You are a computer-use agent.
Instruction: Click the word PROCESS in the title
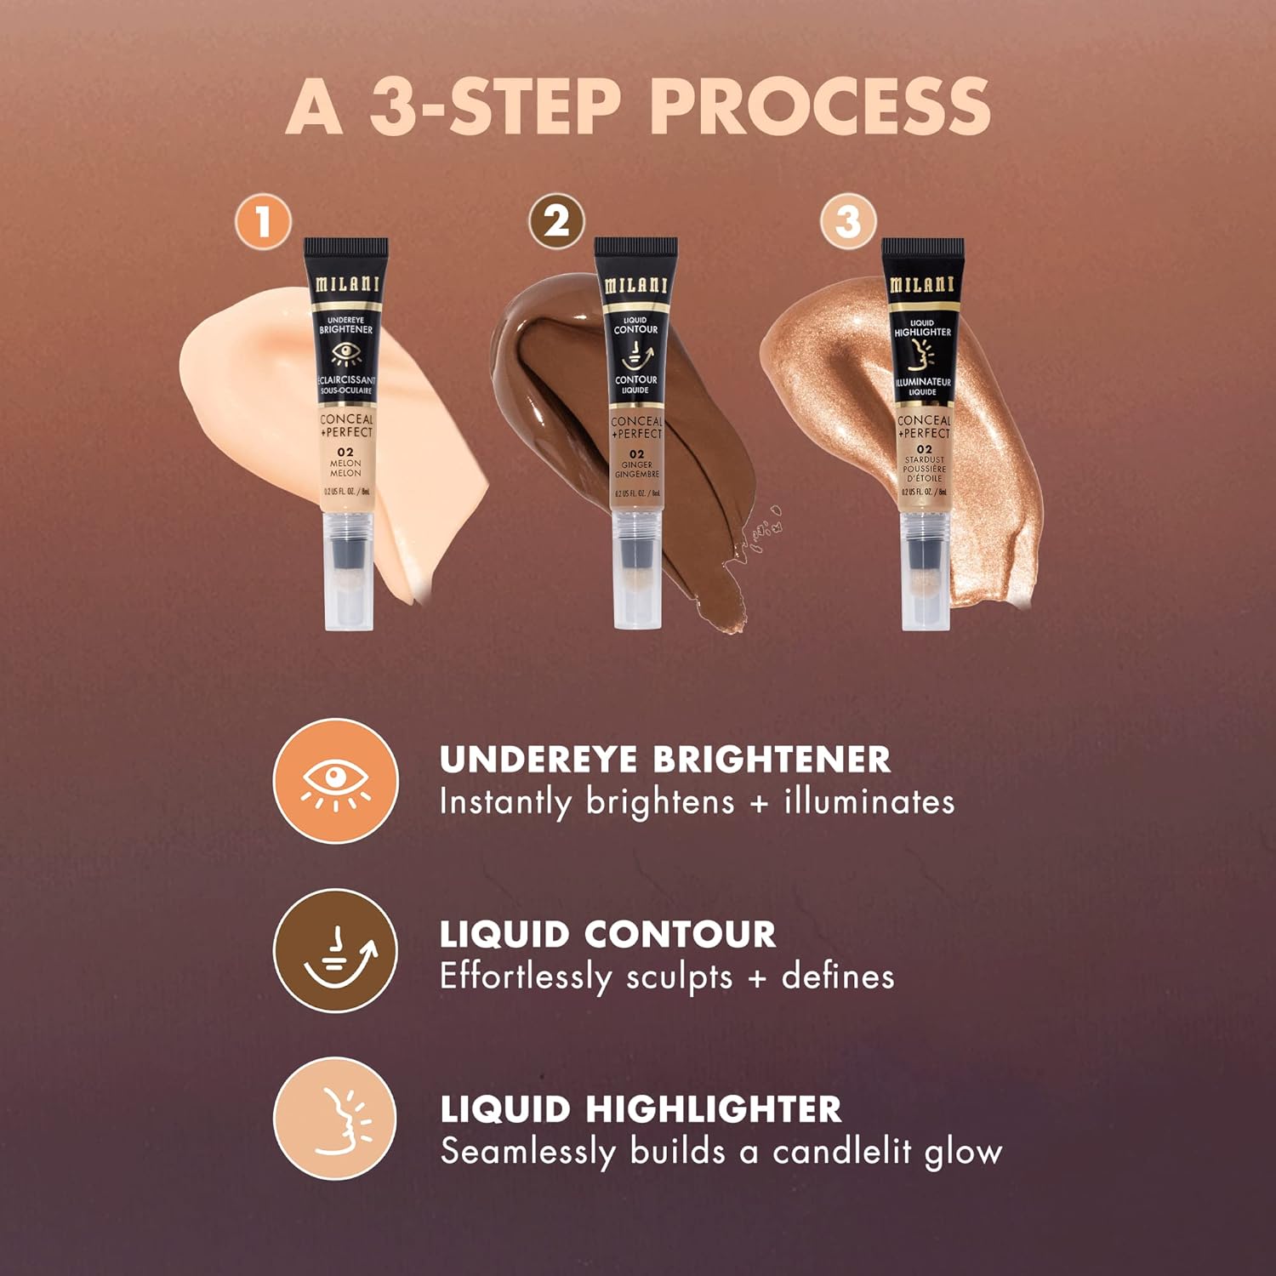pyautogui.click(x=820, y=106)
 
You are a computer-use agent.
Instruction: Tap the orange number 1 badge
pyautogui.click(x=263, y=222)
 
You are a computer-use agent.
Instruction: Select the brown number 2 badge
pyautogui.click(x=556, y=222)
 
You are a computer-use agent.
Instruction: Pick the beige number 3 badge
pyautogui.click(x=847, y=222)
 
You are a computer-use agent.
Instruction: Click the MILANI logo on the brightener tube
pyautogui.click(x=346, y=283)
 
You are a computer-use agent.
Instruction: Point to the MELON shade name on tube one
pyautogui.click(x=345, y=464)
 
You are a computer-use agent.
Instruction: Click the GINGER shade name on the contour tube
pyautogui.click(x=636, y=465)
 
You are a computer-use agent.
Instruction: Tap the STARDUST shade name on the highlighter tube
pyautogui.click(x=924, y=459)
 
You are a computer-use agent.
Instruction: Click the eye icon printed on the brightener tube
pyautogui.click(x=345, y=353)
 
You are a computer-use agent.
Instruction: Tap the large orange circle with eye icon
pyautogui.click(x=335, y=781)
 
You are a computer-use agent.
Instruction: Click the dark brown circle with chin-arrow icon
pyautogui.click(x=335, y=951)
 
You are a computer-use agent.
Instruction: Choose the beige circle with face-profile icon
pyautogui.click(x=335, y=1119)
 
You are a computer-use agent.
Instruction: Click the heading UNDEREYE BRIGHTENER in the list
pyautogui.click(x=664, y=760)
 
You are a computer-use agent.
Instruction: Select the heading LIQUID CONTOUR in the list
pyautogui.click(x=607, y=935)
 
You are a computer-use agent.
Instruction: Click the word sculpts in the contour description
pyautogui.click(x=679, y=977)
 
